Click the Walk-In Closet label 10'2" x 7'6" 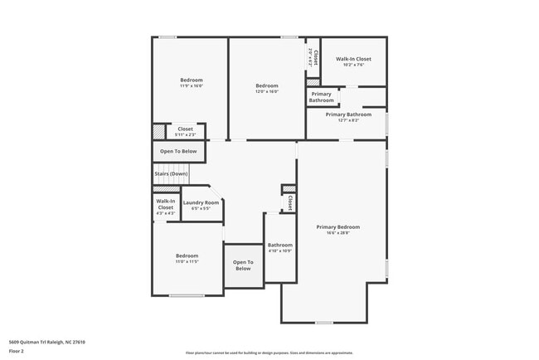(x=353, y=60)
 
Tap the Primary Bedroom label (x=337, y=226)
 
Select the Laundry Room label (x=201, y=202)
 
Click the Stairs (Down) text (x=171, y=173)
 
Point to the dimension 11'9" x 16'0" (x=192, y=85)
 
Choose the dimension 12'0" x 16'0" (x=266, y=91)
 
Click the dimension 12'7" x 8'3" (x=347, y=120)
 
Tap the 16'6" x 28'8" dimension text (x=337, y=233)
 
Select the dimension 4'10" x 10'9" (x=279, y=251)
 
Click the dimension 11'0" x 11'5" (x=187, y=261)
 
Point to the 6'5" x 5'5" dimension (x=201, y=208)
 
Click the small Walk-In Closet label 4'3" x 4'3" (x=165, y=212)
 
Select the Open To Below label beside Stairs (x=178, y=151)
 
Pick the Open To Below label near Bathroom (x=242, y=265)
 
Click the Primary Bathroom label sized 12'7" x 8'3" (x=347, y=114)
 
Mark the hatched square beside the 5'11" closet (x=158, y=132)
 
